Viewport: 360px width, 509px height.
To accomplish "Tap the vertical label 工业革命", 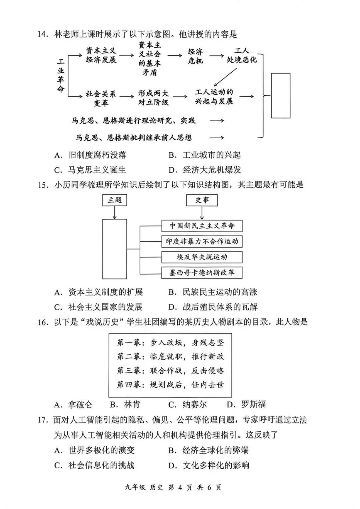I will [x=61, y=75].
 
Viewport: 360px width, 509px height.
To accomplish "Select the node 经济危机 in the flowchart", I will [x=195, y=56].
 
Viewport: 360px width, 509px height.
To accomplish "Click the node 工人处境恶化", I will [x=242, y=55].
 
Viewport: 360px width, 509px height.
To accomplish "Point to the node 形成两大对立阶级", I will [x=153, y=98].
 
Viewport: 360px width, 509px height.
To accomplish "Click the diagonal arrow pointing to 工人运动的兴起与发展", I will [x=226, y=77].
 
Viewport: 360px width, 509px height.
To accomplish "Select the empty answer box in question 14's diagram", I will [x=280, y=96].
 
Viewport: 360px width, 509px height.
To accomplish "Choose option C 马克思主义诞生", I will [x=91, y=170].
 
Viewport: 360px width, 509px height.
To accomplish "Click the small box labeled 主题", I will [x=115, y=200].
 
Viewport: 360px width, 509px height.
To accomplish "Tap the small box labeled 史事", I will [x=202, y=200].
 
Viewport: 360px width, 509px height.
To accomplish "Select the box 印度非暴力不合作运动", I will [x=202, y=241].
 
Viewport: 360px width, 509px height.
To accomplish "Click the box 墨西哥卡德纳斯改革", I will [x=202, y=273].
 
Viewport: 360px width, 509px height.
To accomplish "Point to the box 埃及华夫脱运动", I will [x=202, y=257].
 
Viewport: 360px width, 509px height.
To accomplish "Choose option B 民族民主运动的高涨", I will [x=213, y=292].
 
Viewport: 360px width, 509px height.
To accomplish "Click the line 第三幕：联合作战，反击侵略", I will [x=170, y=370].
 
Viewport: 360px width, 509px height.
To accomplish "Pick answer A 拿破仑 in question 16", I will [x=74, y=404].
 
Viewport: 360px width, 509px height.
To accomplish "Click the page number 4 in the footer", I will [x=180, y=487].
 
